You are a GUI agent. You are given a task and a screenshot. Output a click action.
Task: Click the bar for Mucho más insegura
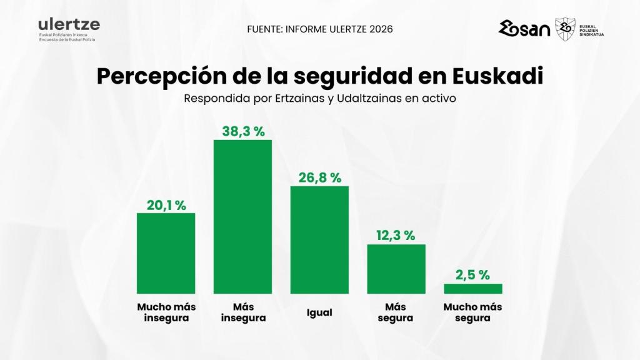click(x=166, y=253)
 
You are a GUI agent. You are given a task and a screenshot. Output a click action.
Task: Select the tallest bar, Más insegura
click(x=242, y=216)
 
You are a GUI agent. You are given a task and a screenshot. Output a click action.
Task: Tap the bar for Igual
click(x=319, y=239)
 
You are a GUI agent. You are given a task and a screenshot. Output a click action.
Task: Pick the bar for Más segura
click(x=396, y=269)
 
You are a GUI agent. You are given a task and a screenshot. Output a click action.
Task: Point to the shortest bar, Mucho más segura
click(x=472, y=289)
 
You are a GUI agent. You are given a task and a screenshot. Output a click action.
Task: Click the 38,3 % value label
click(x=243, y=131)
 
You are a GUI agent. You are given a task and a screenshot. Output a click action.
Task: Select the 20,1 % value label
click(x=166, y=205)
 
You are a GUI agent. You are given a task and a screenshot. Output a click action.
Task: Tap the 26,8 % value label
click(x=319, y=177)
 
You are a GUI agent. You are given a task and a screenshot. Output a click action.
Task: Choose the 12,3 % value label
click(x=396, y=236)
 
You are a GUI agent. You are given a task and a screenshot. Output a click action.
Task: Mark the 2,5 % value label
click(x=472, y=275)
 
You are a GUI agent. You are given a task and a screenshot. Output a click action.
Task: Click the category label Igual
click(x=319, y=312)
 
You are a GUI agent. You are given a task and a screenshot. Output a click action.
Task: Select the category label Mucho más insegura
click(x=166, y=312)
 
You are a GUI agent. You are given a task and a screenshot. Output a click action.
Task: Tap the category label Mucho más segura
click(x=472, y=312)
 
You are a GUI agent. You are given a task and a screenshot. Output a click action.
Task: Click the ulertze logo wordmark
click(x=69, y=24)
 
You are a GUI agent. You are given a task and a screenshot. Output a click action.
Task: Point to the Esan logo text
click(x=524, y=29)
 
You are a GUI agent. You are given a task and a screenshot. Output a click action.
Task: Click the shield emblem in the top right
click(x=566, y=29)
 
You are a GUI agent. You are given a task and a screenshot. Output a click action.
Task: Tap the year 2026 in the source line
click(x=381, y=29)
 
